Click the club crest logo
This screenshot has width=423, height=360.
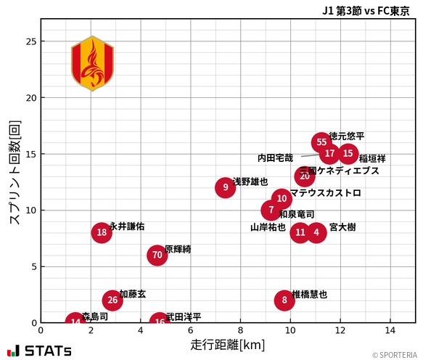click(92, 64)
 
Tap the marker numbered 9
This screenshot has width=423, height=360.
click(226, 187)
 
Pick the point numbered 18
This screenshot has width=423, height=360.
click(102, 232)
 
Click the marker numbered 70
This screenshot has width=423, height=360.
click(157, 255)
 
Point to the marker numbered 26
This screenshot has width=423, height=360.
click(112, 300)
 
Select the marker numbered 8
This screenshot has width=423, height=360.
click(284, 300)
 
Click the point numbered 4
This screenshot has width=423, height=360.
click(316, 232)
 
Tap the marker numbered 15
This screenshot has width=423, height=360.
click(348, 154)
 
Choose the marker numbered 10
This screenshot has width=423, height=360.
click(282, 199)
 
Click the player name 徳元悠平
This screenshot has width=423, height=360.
click(347, 136)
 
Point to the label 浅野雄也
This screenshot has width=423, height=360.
click(250, 181)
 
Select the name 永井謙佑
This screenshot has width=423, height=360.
click(127, 226)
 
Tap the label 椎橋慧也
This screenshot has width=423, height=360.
click(309, 294)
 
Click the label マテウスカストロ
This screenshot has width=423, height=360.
click(325, 193)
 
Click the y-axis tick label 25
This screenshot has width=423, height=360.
click(30, 41)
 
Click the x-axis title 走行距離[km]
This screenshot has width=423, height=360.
click(227, 344)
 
